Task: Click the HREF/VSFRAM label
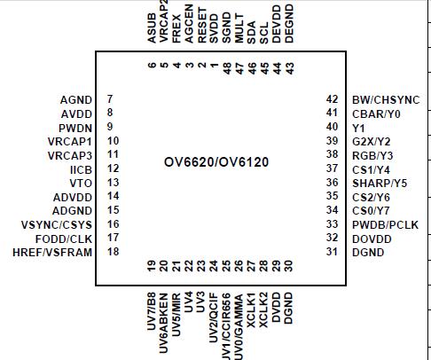[52, 253]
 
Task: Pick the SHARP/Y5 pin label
[378, 183]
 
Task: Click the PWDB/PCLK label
[385, 224]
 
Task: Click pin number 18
[112, 253]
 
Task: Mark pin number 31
[333, 253]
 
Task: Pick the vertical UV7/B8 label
[152, 307]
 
